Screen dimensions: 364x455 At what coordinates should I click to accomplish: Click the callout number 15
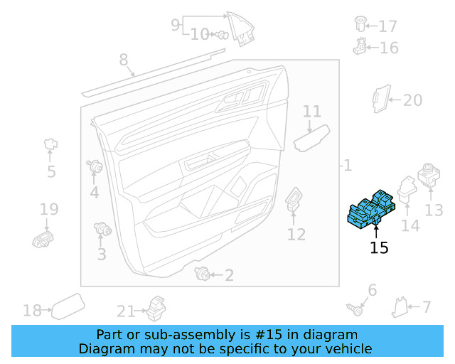[x=379, y=247]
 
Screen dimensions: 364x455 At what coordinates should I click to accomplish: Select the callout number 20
[x=412, y=100]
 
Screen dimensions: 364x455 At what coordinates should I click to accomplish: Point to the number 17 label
[x=387, y=27]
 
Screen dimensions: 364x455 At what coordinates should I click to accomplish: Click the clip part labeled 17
[x=360, y=24]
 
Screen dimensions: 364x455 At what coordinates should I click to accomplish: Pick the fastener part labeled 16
[x=360, y=48]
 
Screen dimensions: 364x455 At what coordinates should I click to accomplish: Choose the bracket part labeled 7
[x=400, y=306]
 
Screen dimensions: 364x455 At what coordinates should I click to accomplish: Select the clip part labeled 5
[x=51, y=145]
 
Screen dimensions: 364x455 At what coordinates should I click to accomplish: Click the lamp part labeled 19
[x=44, y=239]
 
